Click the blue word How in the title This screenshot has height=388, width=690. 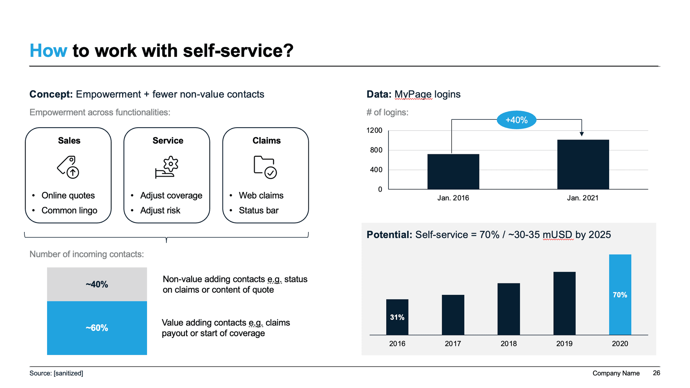tap(48, 51)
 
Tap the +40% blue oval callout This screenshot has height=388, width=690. tap(516, 120)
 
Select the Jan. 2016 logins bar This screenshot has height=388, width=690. tap(453, 172)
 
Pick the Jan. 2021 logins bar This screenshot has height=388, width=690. tap(583, 164)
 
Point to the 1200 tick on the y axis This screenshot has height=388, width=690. tap(374, 130)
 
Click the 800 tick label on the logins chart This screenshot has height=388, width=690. tap(376, 150)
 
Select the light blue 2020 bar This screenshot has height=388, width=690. tap(620, 295)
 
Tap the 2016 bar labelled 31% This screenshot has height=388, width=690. tap(397, 317)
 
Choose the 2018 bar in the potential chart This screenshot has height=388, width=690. tap(509, 309)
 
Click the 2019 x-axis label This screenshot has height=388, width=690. tap(564, 344)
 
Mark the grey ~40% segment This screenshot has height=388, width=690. tap(97, 284)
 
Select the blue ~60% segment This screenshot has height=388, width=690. tap(97, 328)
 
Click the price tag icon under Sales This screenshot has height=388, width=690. tap(68, 167)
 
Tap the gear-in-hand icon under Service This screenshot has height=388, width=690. tap(167, 167)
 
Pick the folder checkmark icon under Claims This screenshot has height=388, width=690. tap(265, 167)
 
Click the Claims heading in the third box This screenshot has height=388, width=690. tap(266, 141)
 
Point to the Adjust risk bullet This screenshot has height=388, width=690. tap(160, 210)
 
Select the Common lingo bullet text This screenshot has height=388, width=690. tap(69, 210)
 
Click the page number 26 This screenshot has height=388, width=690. tap(656, 373)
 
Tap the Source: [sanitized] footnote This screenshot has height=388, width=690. tap(56, 373)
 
